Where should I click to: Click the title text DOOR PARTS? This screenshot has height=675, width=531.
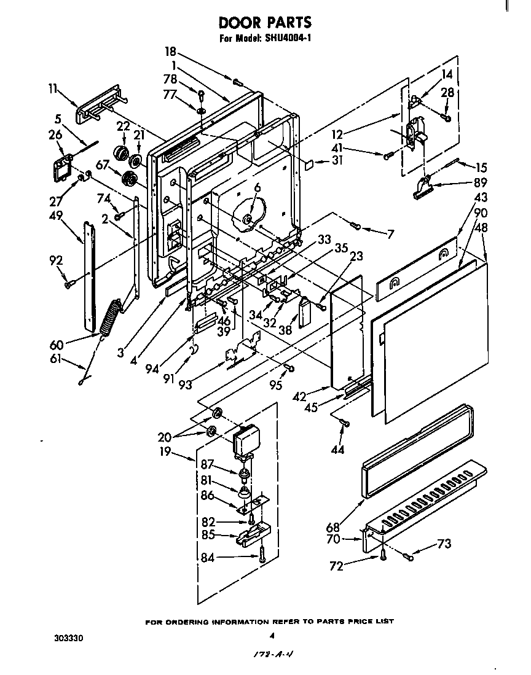coord(265,23)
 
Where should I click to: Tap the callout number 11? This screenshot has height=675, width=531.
coord(53,88)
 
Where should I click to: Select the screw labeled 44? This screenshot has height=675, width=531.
coord(344,422)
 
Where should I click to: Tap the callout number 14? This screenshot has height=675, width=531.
coord(447,74)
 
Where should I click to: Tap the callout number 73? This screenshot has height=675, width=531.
coord(444,544)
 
